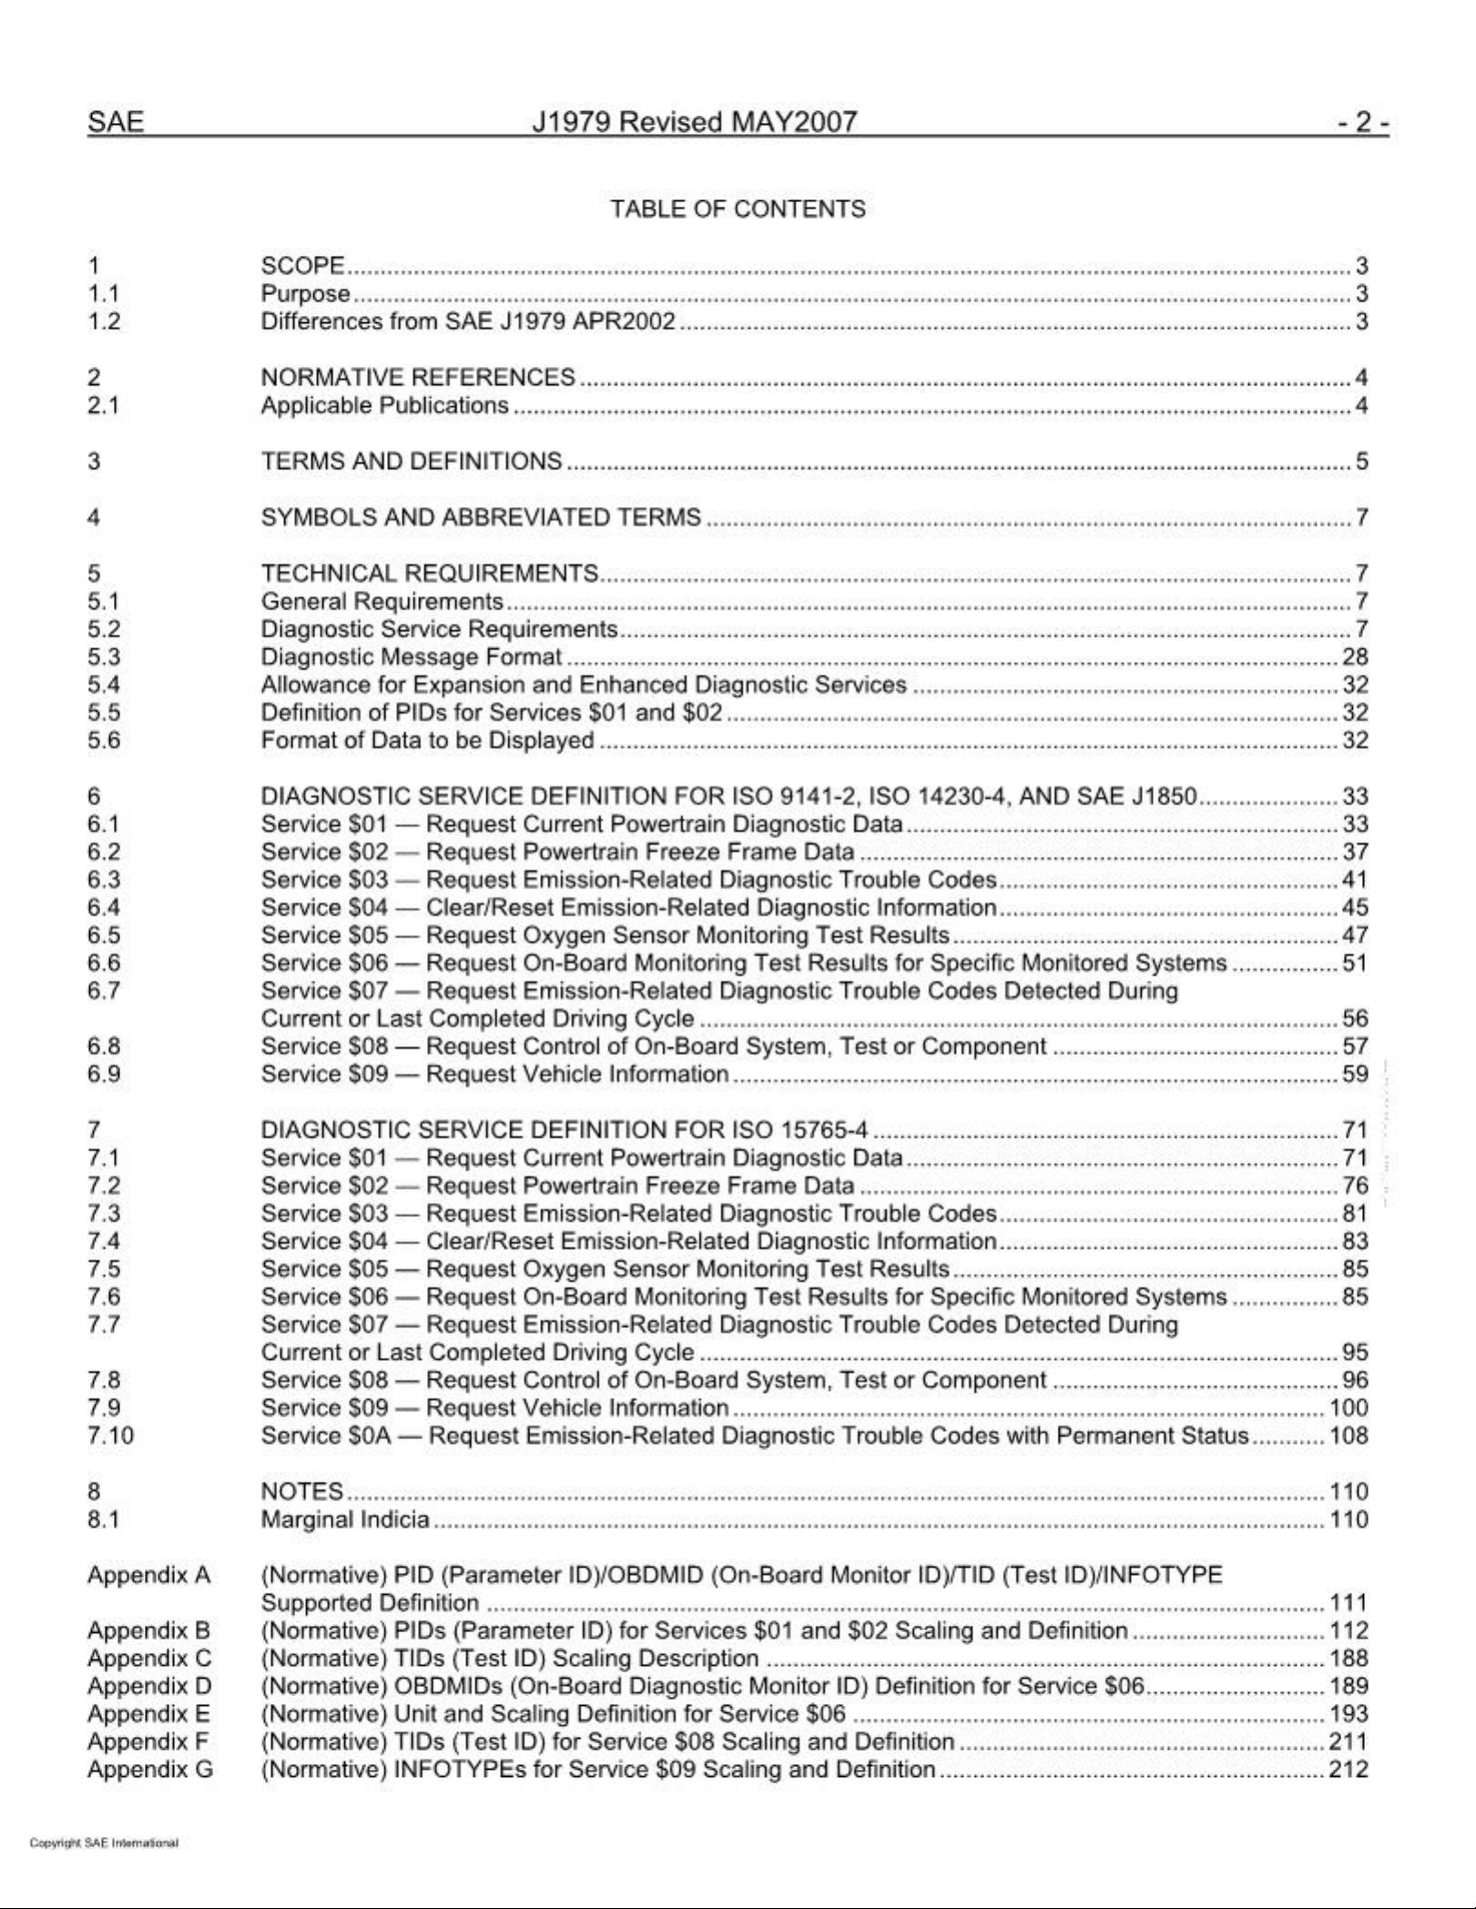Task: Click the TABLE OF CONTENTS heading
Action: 738,209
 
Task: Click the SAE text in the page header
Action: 116,122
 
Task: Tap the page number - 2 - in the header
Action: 1362,122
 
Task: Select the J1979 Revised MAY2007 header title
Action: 694,122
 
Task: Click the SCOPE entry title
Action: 302,266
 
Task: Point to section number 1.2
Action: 104,321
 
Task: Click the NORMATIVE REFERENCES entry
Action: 418,377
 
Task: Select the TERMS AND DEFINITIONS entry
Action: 412,461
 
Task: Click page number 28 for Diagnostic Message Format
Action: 1355,656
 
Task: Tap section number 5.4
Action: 104,685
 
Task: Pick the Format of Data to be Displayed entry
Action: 427,740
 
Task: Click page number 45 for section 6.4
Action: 1355,907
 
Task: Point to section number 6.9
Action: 104,1073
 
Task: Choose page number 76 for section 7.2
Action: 1355,1185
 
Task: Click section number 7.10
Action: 110,1435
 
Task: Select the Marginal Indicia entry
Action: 345,1518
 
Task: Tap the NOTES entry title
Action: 302,1491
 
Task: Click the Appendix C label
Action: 149,1658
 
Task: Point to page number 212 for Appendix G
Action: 1349,1769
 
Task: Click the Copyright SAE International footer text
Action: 104,1843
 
